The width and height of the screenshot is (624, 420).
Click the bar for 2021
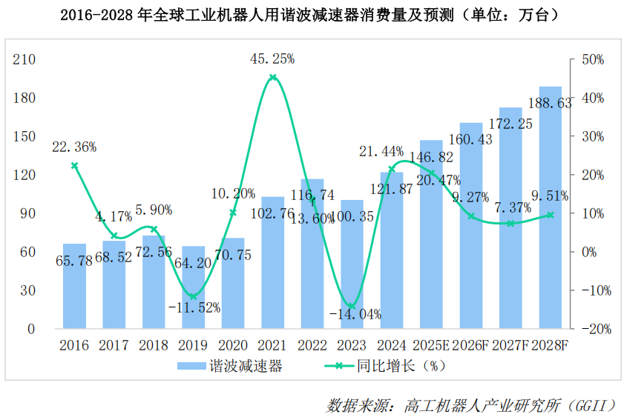272,262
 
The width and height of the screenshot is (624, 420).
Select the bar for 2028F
551,207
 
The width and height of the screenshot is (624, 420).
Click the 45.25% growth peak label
273,58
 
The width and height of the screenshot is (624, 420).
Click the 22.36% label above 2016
74,147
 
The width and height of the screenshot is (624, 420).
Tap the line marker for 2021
273,78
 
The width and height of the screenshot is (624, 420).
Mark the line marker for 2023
352,306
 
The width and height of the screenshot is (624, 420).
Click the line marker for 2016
74,166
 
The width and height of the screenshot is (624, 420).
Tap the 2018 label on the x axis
154,345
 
